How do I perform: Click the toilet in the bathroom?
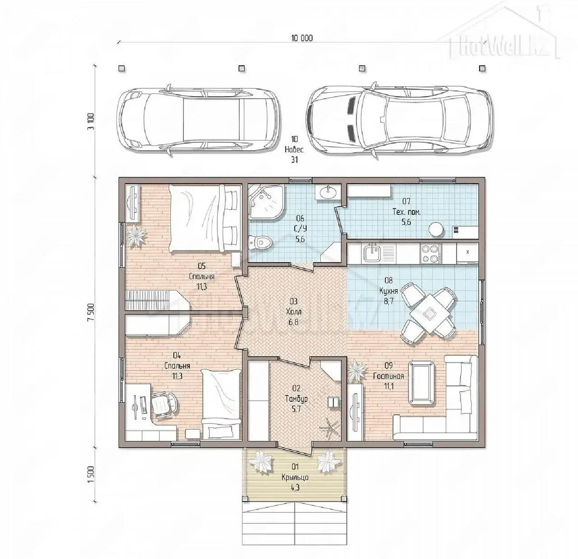260,243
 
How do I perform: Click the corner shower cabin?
264,202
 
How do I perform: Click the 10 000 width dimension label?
302,38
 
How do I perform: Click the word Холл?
294,312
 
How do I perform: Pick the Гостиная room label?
388,376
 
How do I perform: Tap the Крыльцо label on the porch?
295,477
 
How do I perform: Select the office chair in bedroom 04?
163,404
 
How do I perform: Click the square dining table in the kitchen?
428,312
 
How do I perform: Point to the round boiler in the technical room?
436,230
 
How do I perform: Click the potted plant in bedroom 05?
136,235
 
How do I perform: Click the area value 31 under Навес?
294,160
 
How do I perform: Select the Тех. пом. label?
406,212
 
